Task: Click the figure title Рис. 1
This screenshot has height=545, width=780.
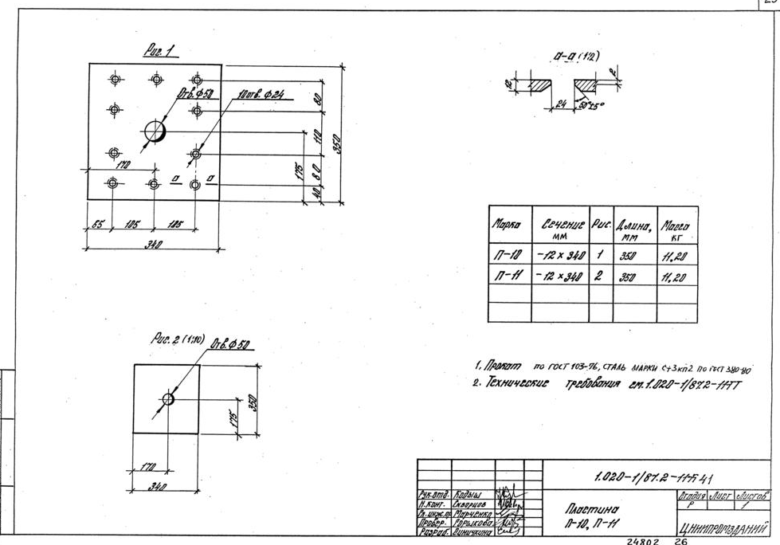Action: [x=159, y=51]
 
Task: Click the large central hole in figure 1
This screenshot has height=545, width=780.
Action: [x=155, y=131]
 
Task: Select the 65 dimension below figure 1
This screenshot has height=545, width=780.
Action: [x=97, y=225]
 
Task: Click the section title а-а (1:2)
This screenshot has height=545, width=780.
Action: [x=574, y=57]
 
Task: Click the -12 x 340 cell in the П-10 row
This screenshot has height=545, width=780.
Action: [x=562, y=256]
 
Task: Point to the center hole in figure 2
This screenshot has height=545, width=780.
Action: [x=168, y=398]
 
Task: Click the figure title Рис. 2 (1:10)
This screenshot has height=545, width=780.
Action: [x=177, y=340]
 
